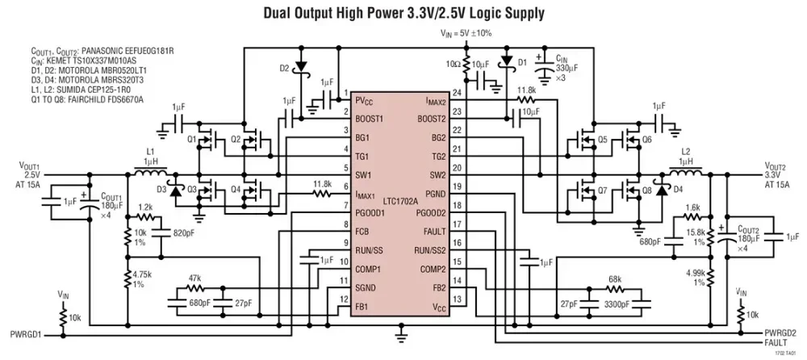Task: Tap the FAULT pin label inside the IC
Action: pyautogui.click(x=436, y=232)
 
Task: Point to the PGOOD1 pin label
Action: pyautogui.click(x=370, y=212)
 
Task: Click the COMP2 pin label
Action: pyautogui.click(x=433, y=269)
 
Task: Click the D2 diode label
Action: pyautogui.click(x=285, y=68)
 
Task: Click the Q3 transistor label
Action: pyautogui.click(x=191, y=190)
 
